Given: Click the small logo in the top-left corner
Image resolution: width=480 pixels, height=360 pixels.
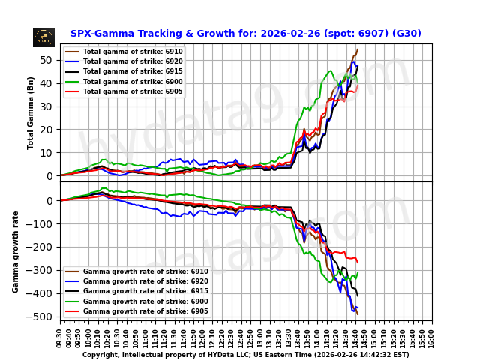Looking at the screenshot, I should [43, 37].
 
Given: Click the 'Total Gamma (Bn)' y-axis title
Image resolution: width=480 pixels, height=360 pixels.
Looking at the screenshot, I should [31, 112].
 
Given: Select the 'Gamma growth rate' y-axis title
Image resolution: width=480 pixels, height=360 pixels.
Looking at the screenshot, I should [16, 251].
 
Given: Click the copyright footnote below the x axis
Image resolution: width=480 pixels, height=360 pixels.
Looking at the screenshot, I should [245, 355].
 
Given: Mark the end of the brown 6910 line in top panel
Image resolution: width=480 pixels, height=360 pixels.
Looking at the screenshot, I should [358, 49].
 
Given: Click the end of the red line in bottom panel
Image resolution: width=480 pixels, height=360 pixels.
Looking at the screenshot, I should [358, 262].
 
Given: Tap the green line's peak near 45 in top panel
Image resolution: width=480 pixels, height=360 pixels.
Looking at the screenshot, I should [331, 71].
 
